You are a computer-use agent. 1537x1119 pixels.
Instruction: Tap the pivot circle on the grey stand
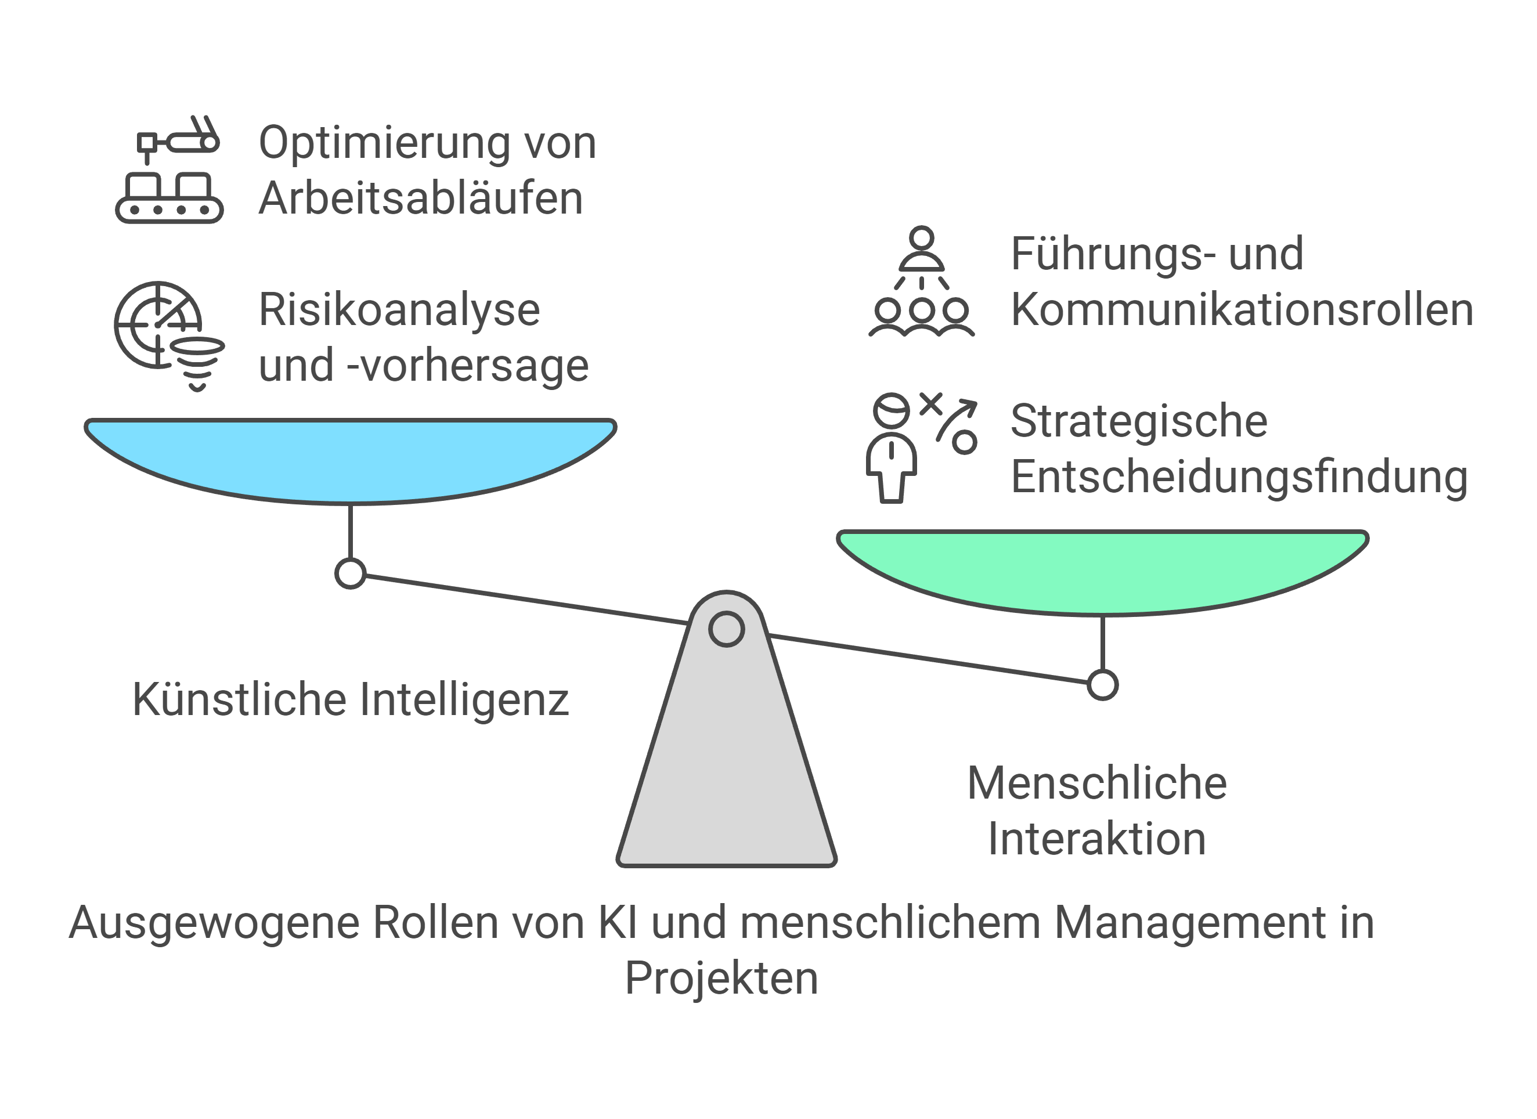tap(727, 629)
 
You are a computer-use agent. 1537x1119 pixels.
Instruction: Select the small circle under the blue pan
tap(351, 573)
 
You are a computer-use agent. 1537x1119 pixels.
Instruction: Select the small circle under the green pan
tap(1103, 684)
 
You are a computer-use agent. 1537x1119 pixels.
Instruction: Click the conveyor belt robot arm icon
tap(169, 169)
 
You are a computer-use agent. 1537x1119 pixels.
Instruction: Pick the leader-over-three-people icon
tap(922, 282)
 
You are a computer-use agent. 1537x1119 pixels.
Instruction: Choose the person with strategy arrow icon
tap(921, 447)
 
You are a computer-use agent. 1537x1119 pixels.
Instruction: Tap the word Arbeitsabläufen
tap(421, 198)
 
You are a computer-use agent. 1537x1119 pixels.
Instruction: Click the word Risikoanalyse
tap(399, 310)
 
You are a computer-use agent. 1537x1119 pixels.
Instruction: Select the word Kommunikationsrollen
tap(1242, 310)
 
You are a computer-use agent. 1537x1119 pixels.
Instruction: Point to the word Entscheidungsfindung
tap(1239, 477)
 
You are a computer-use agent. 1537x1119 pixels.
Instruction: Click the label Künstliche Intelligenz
tap(351, 699)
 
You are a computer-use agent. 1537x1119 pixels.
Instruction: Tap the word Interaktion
tap(1096, 839)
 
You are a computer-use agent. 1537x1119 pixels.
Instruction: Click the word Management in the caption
tap(1189, 923)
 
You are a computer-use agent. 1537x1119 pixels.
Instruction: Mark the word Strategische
tap(1138, 421)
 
